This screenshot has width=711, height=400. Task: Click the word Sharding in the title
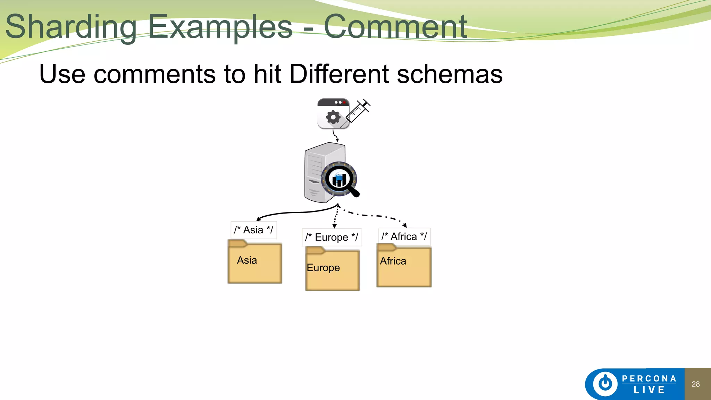click(x=71, y=27)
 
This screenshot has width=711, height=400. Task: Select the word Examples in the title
click(x=220, y=27)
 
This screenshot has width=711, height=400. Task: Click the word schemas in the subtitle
click(x=449, y=74)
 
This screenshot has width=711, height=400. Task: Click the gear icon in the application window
click(x=333, y=117)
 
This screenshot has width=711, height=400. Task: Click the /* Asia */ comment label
click(x=253, y=230)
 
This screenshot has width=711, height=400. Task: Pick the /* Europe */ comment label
click(x=332, y=237)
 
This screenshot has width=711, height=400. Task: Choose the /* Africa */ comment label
click(x=404, y=236)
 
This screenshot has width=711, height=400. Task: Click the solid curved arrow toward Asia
click(x=295, y=212)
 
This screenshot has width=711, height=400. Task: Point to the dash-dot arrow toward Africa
click(x=375, y=216)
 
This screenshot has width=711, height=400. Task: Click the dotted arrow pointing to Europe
click(x=336, y=217)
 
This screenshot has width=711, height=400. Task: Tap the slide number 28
click(x=695, y=384)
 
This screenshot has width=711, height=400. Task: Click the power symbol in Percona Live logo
click(x=605, y=384)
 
